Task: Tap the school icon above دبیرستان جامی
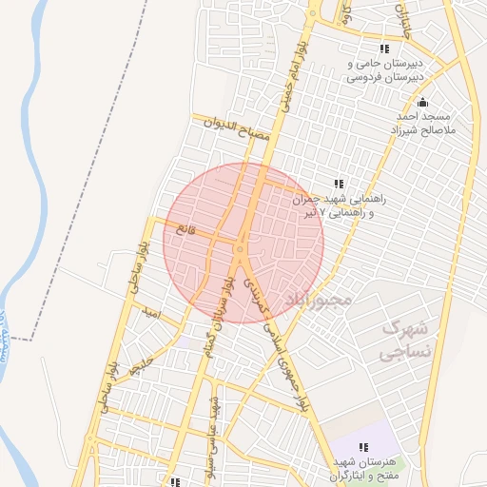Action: (384, 49)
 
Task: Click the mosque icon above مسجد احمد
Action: (423, 103)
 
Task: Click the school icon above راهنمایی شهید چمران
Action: (337, 184)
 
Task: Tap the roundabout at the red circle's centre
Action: (241, 249)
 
